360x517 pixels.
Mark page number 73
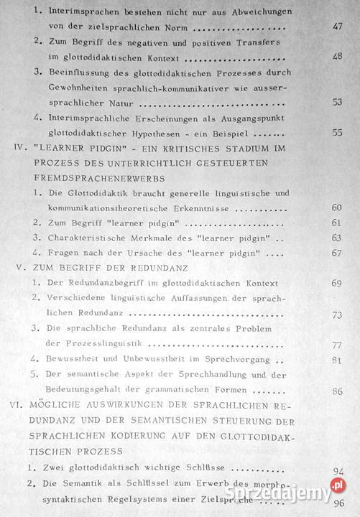click(x=337, y=315)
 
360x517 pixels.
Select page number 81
click(x=337, y=360)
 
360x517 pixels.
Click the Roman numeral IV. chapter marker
click(x=17, y=149)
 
